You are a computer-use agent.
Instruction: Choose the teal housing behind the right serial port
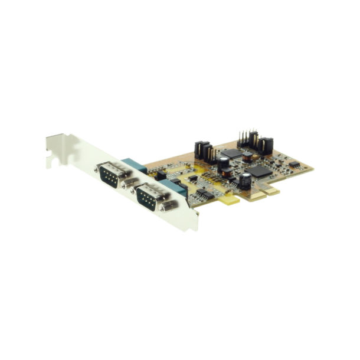(174, 188)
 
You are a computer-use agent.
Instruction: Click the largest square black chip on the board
(258, 171)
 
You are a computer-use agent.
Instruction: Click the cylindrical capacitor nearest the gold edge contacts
(244, 181)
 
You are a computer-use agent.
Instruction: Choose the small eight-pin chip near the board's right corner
(293, 165)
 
